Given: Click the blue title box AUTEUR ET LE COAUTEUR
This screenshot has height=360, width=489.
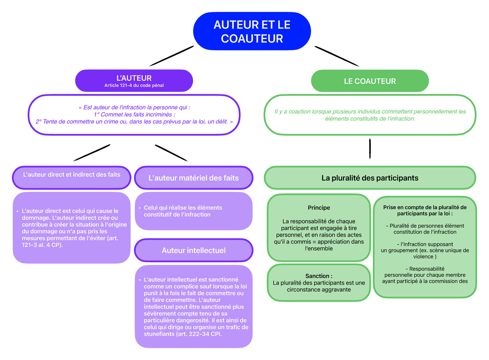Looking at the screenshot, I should click(252, 31).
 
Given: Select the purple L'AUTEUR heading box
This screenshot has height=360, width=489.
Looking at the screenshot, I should click(134, 80).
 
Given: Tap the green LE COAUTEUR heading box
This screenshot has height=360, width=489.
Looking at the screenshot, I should click(370, 81).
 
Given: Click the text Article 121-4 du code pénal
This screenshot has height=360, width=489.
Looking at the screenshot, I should click(134, 85).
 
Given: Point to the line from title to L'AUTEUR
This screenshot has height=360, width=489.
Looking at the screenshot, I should click(172, 56).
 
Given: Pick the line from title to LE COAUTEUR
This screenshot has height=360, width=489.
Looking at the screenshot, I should click(337, 56).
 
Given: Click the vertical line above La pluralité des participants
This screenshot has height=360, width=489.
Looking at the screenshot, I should click(370, 148).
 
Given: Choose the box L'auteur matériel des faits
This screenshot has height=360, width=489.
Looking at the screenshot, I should click(194, 178).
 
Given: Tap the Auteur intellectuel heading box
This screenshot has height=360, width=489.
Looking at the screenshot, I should click(194, 250).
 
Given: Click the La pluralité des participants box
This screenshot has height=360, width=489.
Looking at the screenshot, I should click(370, 178).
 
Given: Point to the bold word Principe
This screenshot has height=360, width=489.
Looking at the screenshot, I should click(319, 208).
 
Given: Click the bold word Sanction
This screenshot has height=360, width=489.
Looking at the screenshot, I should click(318, 276).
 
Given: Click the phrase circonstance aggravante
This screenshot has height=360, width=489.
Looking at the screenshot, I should click(319, 289).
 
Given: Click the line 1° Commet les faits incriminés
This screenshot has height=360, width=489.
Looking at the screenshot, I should click(134, 115).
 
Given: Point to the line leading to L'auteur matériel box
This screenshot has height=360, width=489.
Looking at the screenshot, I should click(171, 152).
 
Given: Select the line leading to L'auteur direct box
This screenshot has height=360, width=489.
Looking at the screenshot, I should click(92, 152).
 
